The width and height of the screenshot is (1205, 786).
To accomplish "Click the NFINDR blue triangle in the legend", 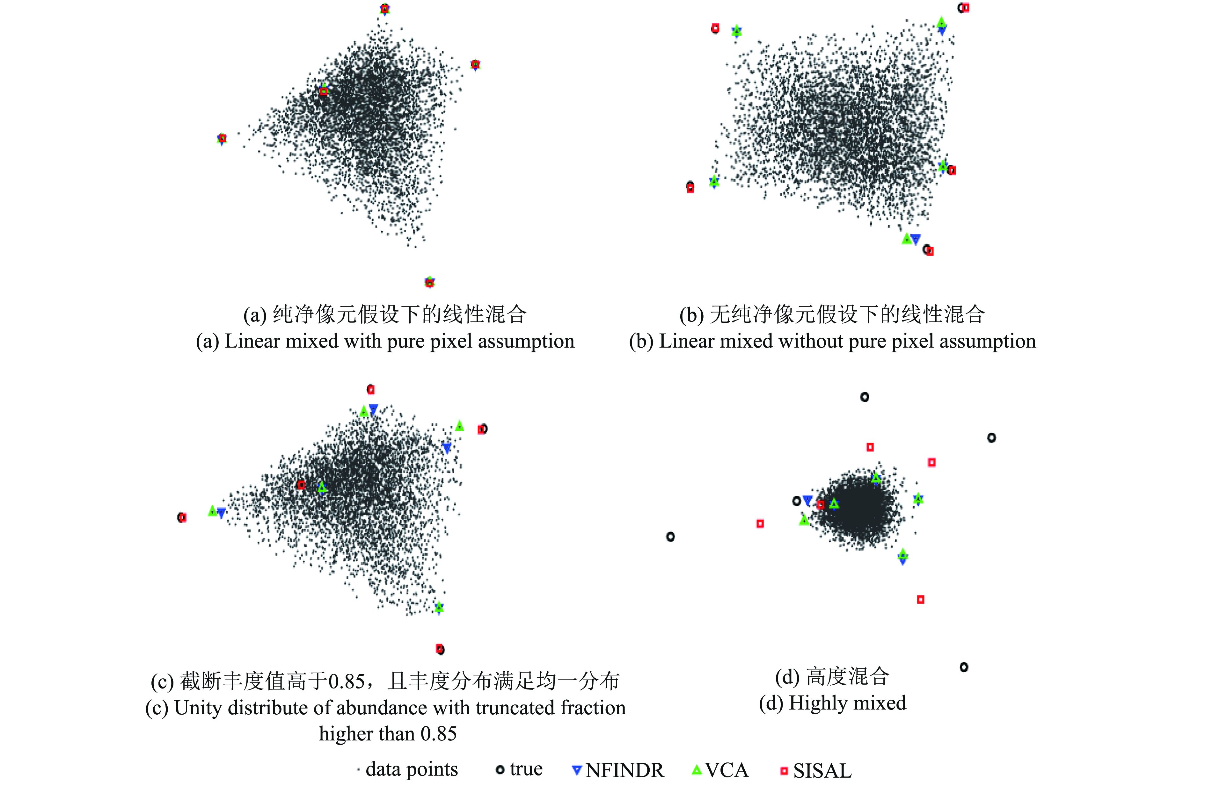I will [x=576, y=770].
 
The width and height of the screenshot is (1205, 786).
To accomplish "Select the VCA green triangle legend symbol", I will [x=697, y=770].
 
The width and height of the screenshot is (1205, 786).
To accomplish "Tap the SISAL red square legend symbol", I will [x=784, y=771].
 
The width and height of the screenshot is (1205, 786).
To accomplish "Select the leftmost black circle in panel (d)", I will [x=670, y=537].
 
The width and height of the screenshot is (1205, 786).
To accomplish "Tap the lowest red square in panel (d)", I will [x=920, y=599].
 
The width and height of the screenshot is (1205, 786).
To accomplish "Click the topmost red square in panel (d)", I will [x=870, y=447].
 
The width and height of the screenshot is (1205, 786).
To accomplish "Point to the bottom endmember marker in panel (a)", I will [x=429, y=282].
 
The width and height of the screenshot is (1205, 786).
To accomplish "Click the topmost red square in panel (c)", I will [x=371, y=389].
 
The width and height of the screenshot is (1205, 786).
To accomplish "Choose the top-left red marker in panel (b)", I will [x=715, y=28].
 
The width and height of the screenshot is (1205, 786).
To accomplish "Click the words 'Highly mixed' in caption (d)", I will [x=847, y=703].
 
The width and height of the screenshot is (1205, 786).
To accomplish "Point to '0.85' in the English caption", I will [x=438, y=733].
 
